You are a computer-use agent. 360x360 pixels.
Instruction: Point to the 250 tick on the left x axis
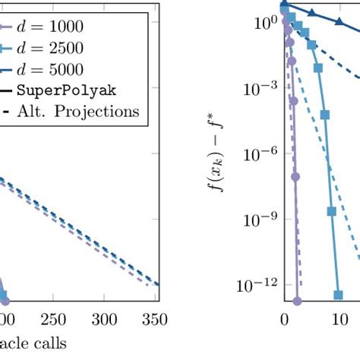[x=52, y=319]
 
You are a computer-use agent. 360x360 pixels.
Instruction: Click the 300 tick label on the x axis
[x=106, y=319]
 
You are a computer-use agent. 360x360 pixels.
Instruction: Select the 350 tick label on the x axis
[x=155, y=319]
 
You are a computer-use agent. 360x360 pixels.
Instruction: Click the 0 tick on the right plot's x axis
[x=284, y=319]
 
